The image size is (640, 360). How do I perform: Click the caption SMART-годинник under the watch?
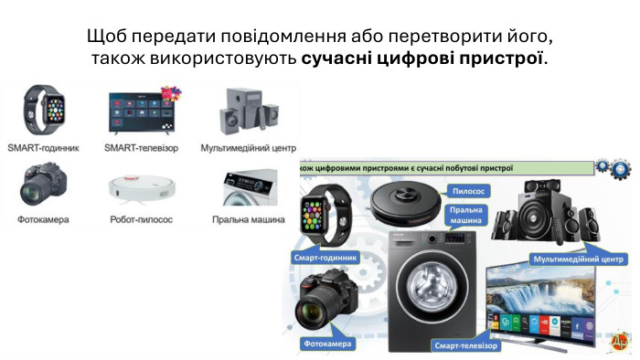tap(43, 148)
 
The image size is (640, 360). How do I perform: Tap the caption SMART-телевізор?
tap(141, 148)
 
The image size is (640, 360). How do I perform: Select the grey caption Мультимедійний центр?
tap(248, 148)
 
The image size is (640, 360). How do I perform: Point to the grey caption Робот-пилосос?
tap(141, 219)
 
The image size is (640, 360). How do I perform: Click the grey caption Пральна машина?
tap(248, 219)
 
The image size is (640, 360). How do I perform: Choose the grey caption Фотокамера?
tap(43, 219)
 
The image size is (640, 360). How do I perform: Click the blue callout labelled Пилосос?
tap(468, 191)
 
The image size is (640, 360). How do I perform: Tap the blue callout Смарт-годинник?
tap(325, 258)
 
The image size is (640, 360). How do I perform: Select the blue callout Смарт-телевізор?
tap(465, 345)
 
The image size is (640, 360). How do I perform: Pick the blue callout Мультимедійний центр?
tap(579, 259)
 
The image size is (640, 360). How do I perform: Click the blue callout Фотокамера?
tap(327, 344)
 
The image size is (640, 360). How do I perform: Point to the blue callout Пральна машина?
tap(465, 216)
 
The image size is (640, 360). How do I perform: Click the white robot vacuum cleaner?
tap(142, 189)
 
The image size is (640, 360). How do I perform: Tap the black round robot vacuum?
tap(405, 203)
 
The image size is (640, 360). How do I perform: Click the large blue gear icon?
tap(621, 169)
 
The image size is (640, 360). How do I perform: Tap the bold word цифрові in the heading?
tap(414, 58)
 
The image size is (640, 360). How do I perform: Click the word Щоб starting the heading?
tap(107, 37)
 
